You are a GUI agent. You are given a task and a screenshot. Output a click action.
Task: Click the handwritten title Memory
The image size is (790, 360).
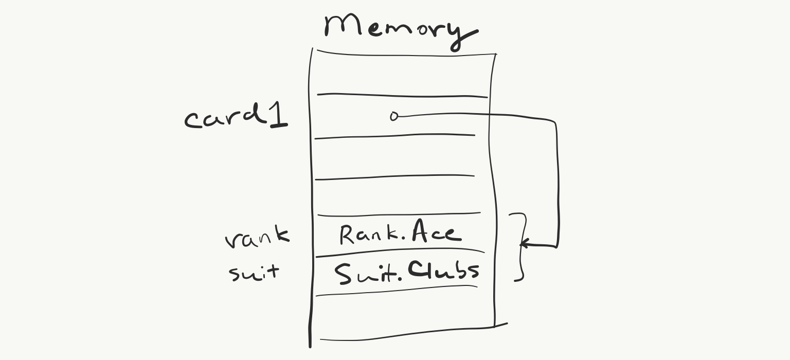tap(400, 28)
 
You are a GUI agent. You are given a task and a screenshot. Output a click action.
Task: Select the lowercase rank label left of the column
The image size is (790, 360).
tap(257, 238)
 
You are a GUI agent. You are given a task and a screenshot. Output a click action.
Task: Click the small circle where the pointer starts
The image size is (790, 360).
tap(394, 116)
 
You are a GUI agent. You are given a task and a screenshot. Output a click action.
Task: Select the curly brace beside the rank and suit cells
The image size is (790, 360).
tap(520, 247)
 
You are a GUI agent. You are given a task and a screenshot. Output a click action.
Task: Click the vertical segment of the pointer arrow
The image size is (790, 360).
tap(557, 180)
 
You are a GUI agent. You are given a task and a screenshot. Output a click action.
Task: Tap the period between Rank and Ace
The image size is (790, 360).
tap(402, 240)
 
